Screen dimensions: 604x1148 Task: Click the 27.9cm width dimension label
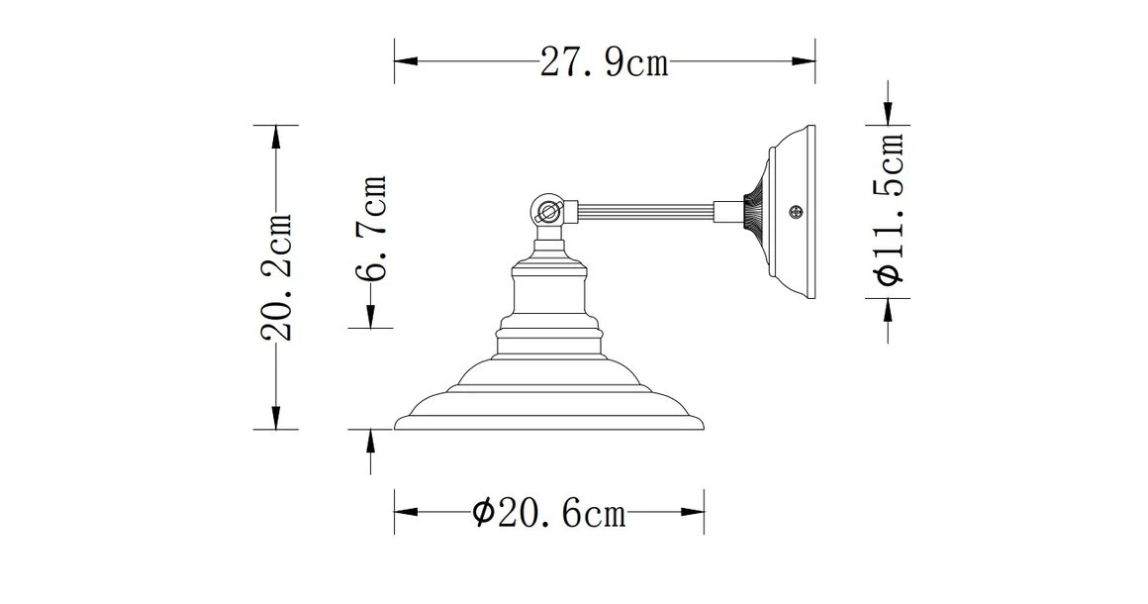(x=605, y=63)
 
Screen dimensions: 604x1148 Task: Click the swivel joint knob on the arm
(x=547, y=210)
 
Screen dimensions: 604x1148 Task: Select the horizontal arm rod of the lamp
(x=643, y=211)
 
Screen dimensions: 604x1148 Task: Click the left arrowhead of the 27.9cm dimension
(x=406, y=61)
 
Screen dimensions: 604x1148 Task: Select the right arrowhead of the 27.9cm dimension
(x=804, y=61)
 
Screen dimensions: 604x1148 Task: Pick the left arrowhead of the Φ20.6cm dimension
(x=407, y=512)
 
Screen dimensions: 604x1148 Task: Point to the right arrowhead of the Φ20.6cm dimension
(x=692, y=512)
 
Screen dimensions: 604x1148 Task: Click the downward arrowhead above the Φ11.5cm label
(x=889, y=114)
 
